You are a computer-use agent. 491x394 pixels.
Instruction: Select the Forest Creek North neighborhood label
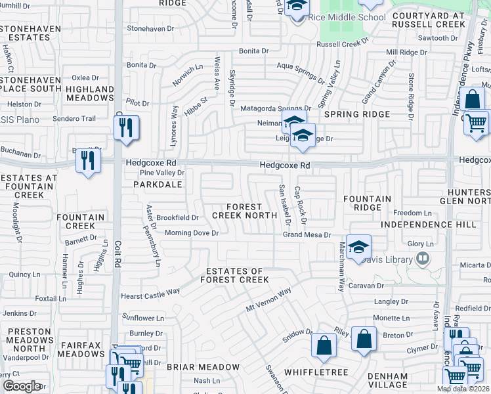coord(244,211)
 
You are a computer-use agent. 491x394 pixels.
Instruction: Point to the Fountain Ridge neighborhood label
coord(367,203)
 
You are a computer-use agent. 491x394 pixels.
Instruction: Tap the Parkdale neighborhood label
coord(158,185)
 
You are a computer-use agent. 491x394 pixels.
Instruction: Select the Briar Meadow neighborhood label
coord(203,366)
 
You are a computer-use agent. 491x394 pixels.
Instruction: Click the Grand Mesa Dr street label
coord(306,234)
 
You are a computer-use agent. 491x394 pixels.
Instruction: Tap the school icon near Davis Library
coord(359,247)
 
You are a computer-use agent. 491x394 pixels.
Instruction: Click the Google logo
coord(22,386)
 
